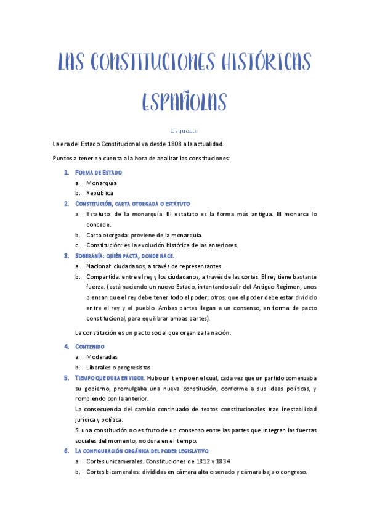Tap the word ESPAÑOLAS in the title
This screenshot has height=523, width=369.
(x=184, y=102)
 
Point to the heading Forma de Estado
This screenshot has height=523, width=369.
(x=99, y=173)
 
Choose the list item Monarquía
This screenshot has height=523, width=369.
(x=102, y=183)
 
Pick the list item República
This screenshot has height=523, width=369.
(x=100, y=193)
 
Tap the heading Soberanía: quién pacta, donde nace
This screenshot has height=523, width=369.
(x=124, y=255)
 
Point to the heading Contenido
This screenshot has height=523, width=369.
(x=89, y=347)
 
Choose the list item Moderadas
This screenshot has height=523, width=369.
(x=102, y=357)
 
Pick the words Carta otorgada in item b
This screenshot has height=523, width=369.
(x=107, y=235)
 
